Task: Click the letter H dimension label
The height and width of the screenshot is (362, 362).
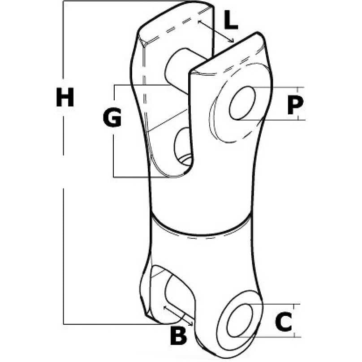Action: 65,97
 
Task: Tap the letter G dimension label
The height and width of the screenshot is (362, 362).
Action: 112,117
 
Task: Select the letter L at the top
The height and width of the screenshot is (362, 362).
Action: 231,20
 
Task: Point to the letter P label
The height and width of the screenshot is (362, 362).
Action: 295,105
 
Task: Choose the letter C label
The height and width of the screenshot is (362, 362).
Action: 284,322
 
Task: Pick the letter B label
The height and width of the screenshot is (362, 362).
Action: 178,336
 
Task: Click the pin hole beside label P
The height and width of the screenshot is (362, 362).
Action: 242,103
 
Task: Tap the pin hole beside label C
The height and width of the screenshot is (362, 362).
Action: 240,320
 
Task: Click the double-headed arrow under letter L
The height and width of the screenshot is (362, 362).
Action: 216,31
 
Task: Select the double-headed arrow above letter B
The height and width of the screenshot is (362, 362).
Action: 178,315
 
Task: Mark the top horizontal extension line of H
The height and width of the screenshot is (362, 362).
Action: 125,1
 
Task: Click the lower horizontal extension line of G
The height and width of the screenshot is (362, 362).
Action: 144,177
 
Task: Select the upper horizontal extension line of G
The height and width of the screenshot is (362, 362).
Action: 142,85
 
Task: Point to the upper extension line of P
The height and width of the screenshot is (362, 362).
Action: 278,87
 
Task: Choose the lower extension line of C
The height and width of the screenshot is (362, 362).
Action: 269,337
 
